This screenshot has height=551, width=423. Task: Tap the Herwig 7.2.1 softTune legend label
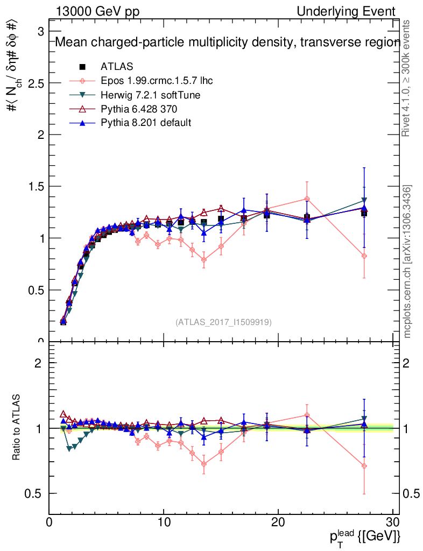point(151,95)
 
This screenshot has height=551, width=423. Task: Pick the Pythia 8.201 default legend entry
point(146,123)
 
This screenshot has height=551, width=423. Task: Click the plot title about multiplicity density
point(226,43)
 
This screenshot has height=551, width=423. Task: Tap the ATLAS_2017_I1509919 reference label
point(223,322)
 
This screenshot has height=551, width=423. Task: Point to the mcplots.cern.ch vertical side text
point(407,261)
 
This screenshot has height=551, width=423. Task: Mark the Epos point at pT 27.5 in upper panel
point(364,256)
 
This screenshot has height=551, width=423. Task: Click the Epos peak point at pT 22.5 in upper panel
point(307,199)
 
